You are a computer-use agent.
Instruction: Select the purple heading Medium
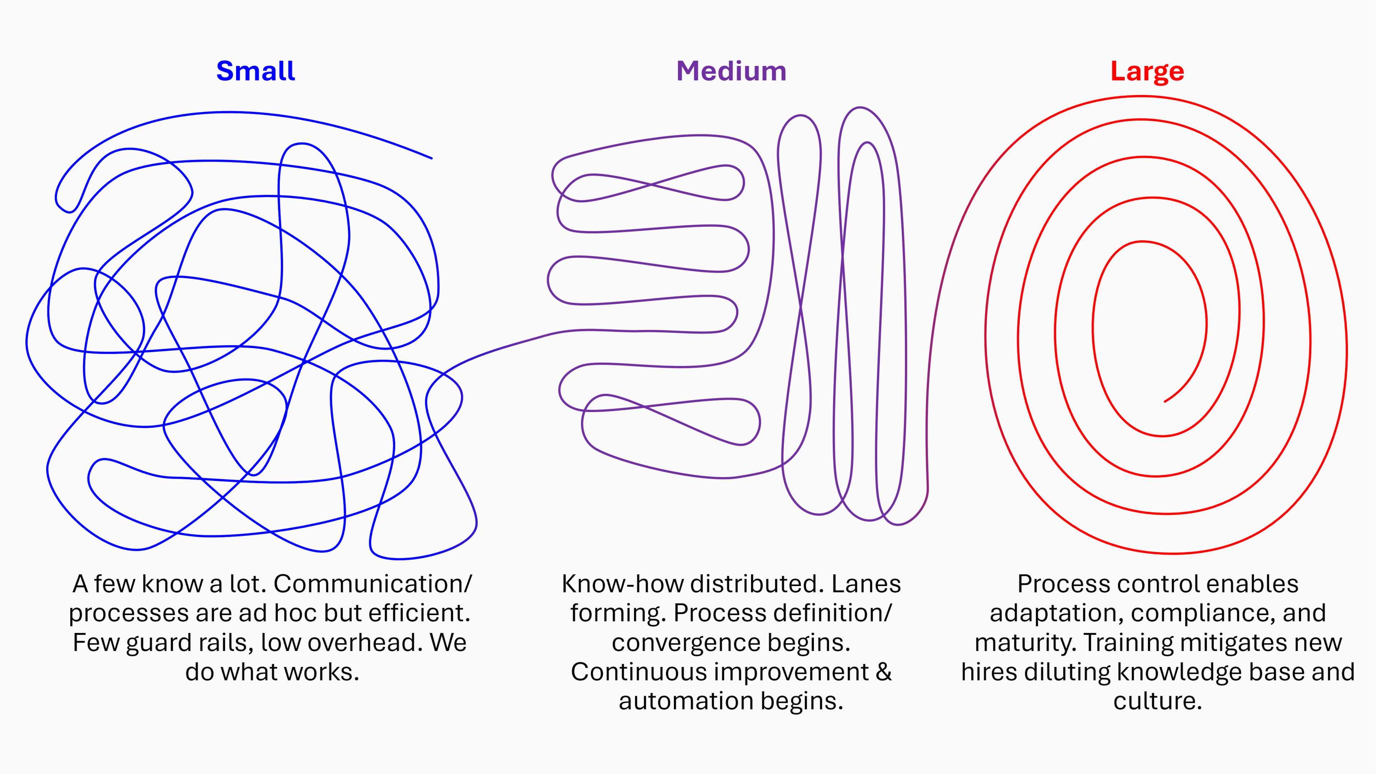tap(731, 71)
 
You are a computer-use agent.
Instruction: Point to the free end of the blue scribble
tap(431, 158)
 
